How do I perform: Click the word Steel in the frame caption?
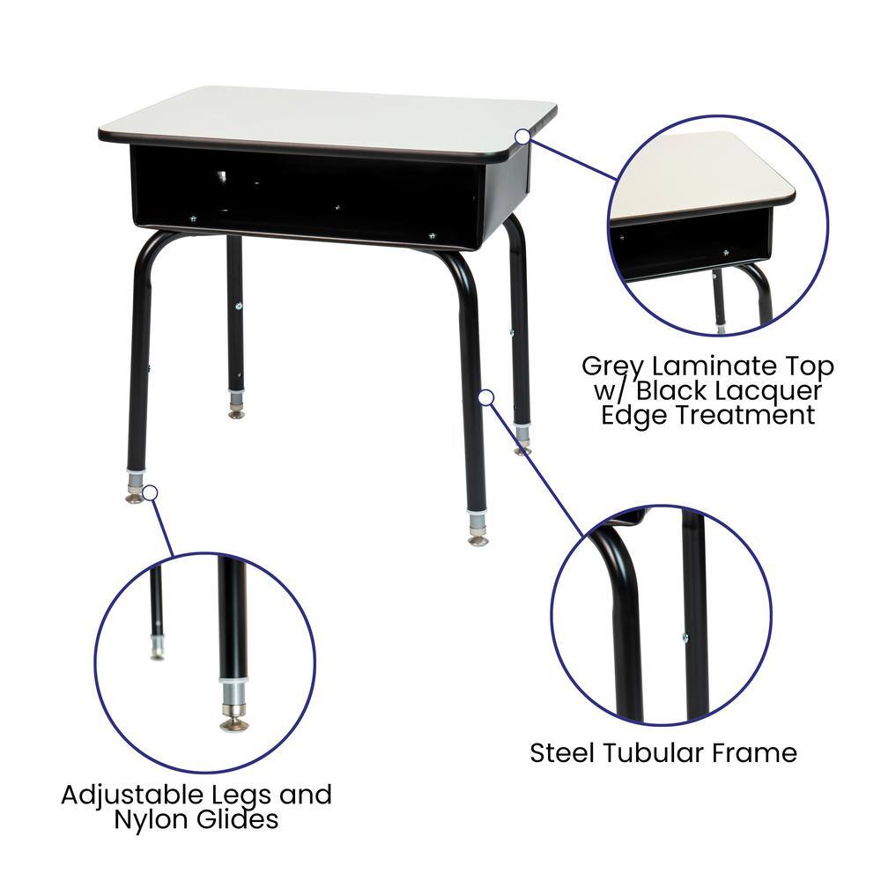[564, 753]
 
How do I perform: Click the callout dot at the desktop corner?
[522, 137]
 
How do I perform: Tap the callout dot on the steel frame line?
[485, 397]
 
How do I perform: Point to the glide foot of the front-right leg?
[478, 538]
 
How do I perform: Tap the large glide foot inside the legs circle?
[233, 722]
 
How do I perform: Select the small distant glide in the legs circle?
[157, 653]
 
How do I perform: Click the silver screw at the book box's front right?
[432, 235]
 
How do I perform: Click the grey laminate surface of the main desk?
[326, 119]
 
